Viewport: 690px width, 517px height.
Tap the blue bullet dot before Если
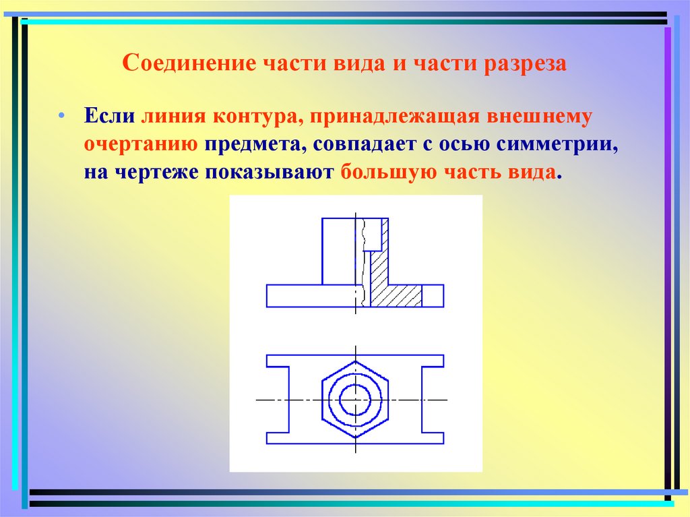coord(61,116)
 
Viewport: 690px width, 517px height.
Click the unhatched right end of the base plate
coord(433,296)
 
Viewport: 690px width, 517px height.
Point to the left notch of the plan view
coord(278,400)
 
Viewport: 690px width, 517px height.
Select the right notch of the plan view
coord(432,400)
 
